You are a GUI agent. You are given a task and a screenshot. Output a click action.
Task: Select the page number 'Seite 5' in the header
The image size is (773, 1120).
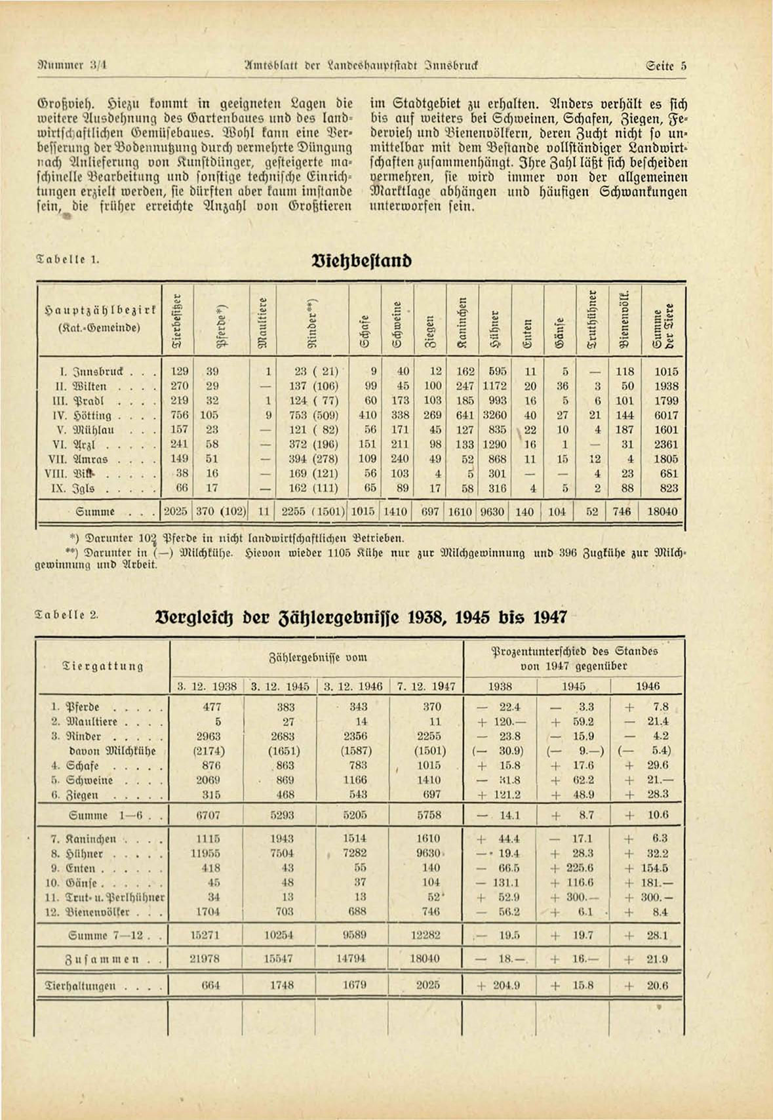tap(666, 66)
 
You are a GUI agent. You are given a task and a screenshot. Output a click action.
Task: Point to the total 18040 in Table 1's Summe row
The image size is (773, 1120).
tap(662, 511)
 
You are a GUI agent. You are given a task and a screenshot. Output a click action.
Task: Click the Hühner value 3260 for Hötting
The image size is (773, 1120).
tap(494, 415)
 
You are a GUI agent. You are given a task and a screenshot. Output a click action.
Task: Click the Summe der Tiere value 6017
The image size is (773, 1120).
tap(666, 415)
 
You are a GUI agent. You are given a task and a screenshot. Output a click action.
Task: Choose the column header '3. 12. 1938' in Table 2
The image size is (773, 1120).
tap(207, 687)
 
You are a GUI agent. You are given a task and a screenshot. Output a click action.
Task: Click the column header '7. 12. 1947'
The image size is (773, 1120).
tap(426, 687)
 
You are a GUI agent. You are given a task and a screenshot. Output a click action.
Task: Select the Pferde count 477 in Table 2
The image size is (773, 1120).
tap(212, 707)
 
